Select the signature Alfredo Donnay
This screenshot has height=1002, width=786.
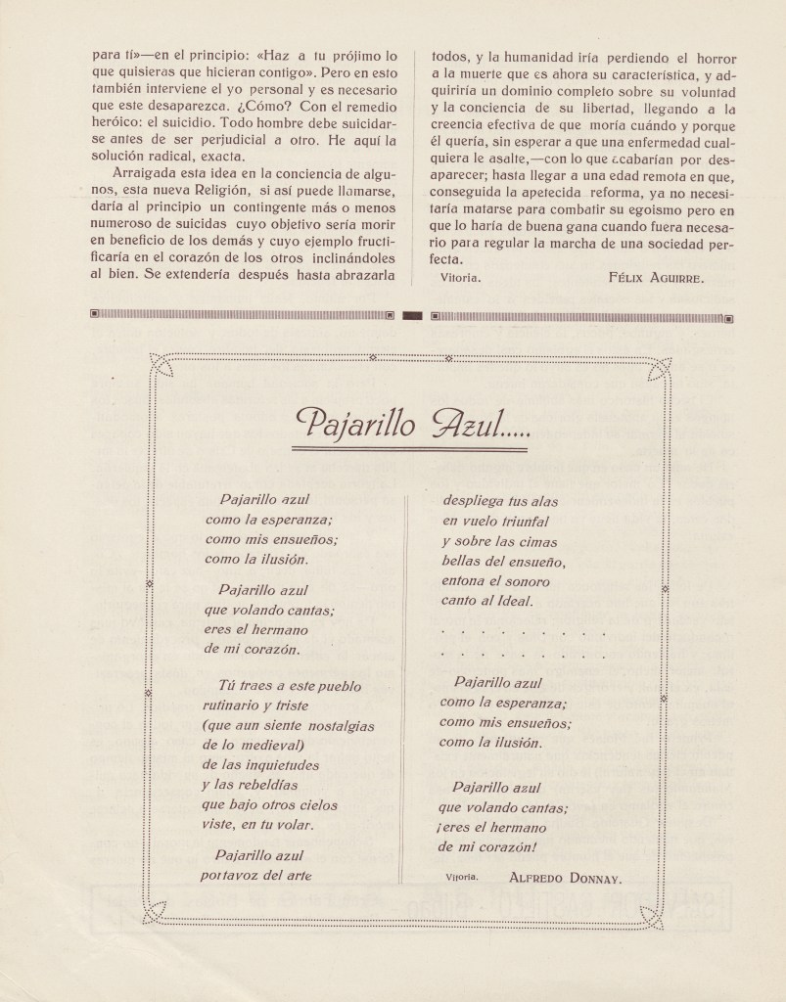(565, 877)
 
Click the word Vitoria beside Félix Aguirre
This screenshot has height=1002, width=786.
(461, 278)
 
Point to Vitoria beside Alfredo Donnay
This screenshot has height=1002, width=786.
(462, 877)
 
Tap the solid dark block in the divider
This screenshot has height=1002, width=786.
(412, 316)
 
